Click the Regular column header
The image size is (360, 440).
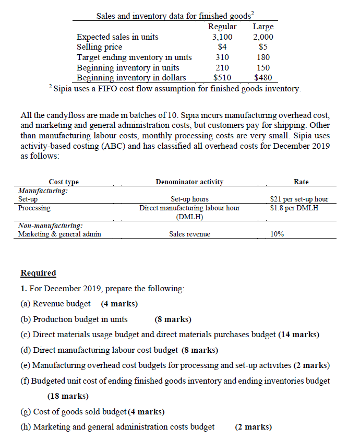(222, 27)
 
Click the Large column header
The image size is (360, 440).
(262, 27)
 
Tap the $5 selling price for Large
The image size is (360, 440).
(263, 47)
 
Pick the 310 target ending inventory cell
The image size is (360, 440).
(222, 57)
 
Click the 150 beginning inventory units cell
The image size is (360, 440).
(263, 68)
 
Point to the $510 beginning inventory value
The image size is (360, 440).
(223, 78)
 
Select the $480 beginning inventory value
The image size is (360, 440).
(263, 78)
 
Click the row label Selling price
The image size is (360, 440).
(99, 47)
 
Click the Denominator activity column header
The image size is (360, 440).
(189, 182)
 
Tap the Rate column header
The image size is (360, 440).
(301, 182)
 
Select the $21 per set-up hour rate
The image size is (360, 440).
(299, 199)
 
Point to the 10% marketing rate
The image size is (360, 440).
(278, 234)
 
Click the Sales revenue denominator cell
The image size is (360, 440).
(189, 234)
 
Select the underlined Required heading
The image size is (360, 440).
(38, 273)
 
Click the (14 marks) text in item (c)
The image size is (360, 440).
(298, 334)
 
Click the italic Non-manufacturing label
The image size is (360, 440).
(50, 226)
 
